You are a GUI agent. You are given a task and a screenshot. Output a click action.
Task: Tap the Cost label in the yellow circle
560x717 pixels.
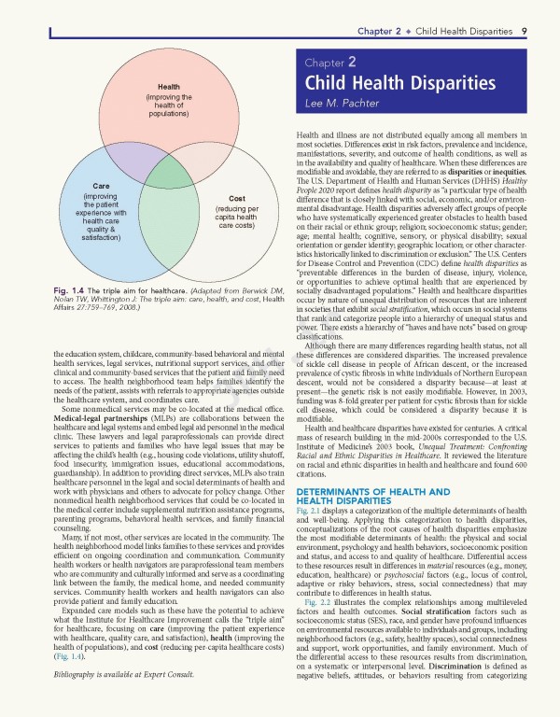click(x=236, y=199)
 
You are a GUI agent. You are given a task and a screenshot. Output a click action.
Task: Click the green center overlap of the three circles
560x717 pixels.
click(x=169, y=175)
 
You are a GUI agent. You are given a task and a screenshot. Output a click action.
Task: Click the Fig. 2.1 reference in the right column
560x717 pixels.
click(x=308, y=513)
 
